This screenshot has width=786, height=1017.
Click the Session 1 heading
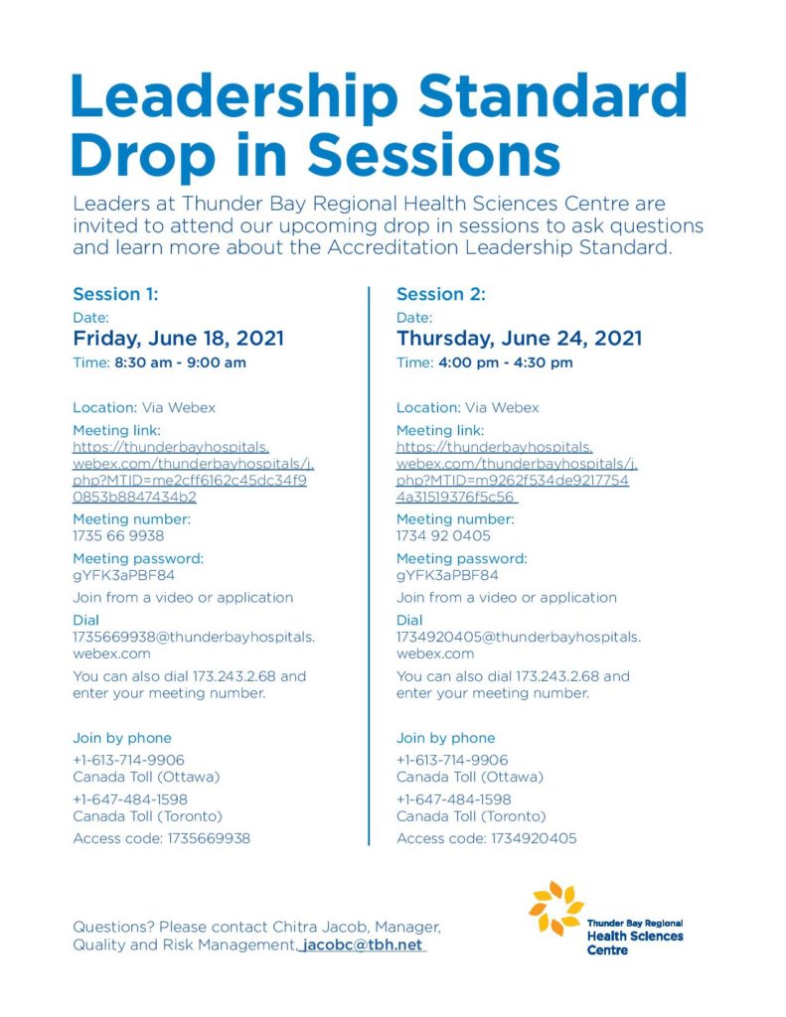(115, 294)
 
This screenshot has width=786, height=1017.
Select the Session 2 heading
(441, 294)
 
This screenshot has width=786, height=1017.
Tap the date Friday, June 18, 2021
(178, 339)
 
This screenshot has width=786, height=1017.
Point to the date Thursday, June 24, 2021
(519, 339)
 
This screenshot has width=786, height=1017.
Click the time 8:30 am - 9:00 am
(180, 363)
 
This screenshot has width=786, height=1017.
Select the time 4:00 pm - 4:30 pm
(505, 363)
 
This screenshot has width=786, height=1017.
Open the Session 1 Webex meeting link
(192, 472)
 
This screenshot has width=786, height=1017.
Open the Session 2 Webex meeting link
(515, 472)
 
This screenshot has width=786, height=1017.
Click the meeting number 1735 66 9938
(118, 536)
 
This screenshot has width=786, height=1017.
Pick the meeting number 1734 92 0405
(443, 536)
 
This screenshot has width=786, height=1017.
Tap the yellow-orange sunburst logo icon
(555, 907)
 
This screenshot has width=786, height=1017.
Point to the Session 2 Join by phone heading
(445, 738)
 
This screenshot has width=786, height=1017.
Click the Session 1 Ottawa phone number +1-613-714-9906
(128, 760)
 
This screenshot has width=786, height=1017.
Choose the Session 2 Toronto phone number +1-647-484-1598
(454, 799)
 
